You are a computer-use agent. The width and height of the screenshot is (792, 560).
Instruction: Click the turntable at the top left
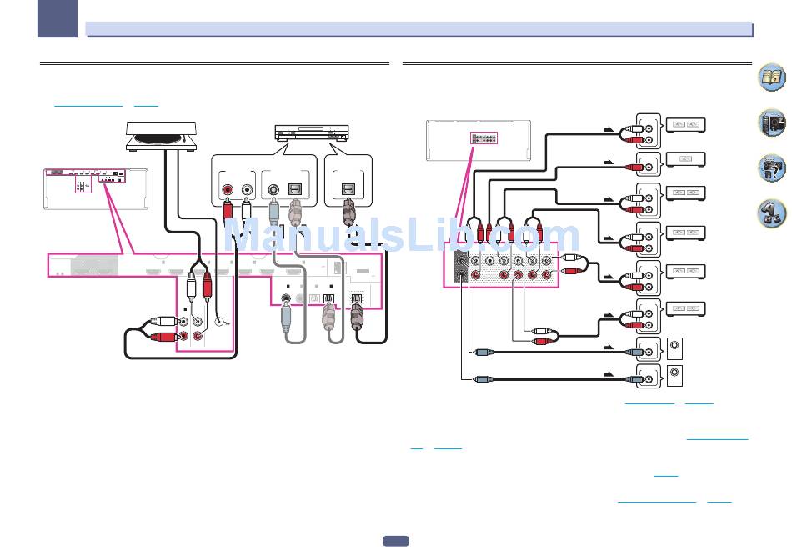click(161, 137)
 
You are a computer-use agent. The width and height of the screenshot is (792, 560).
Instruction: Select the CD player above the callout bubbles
click(312, 132)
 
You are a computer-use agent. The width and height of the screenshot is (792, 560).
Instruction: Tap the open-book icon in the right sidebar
click(772, 77)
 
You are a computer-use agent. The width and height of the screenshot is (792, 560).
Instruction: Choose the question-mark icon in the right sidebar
click(772, 167)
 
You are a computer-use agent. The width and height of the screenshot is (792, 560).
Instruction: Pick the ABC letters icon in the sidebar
click(772, 213)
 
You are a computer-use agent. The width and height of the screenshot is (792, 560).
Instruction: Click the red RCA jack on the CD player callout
click(228, 190)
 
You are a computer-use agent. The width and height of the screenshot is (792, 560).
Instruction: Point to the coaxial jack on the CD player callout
click(273, 190)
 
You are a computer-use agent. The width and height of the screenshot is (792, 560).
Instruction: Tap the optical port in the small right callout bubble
click(348, 189)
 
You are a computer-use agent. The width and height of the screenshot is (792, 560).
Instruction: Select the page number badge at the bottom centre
click(396, 541)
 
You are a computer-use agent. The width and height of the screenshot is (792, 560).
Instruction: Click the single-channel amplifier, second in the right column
click(685, 159)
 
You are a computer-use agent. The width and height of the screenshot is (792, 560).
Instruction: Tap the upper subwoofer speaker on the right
click(674, 348)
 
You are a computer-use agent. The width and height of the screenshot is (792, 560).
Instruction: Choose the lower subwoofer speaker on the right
click(674, 376)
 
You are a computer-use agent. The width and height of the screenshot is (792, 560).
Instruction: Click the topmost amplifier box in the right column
click(685, 125)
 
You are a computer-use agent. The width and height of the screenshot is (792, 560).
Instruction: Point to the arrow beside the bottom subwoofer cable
click(609, 374)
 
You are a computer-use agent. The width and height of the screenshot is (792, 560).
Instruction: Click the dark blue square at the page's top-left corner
click(58, 18)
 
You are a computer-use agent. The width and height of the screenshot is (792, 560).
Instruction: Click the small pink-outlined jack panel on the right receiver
click(484, 137)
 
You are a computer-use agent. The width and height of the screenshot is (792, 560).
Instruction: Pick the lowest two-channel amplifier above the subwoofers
click(685, 308)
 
